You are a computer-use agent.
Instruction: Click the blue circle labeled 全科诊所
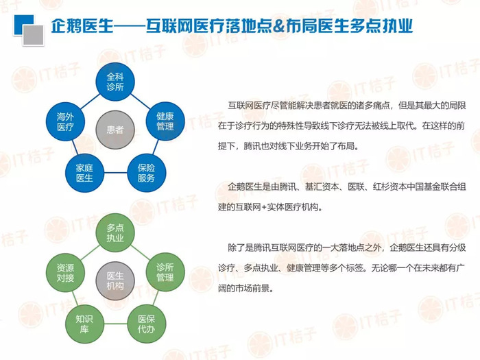(115, 82)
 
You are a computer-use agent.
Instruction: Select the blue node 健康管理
(165, 121)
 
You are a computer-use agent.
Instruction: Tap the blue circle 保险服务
(146, 173)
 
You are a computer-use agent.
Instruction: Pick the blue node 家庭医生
(84, 173)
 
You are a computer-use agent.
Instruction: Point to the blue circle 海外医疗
(65, 121)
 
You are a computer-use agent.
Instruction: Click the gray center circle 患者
(115, 130)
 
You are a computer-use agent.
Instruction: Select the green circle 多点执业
(115, 232)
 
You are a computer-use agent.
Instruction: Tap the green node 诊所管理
(165, 272)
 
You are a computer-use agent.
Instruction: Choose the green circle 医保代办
(146, 324)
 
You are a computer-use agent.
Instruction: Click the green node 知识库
(84, 324)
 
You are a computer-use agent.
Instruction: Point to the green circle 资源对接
(65, 272)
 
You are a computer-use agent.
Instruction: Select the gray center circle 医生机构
(115, 280)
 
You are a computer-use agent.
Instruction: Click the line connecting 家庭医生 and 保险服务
(115, 173)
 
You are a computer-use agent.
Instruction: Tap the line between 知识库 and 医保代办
(115, 324)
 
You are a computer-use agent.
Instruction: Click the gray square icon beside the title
(34, 35)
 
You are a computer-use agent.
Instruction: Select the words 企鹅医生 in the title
(82, 26)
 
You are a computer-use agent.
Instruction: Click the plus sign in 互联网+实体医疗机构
(263, 208)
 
